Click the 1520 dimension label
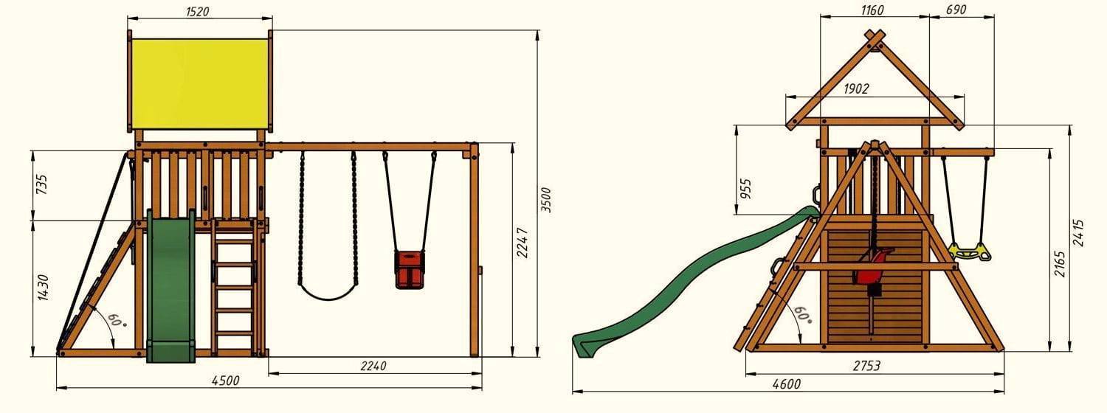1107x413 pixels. pyautogui.click(x=197, y=11)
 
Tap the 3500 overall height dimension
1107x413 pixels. pyautogui.click(x=545, y=200)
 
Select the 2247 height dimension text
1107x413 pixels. pyautogui.click(x=522, y=243)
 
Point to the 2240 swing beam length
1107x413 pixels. pyautogui.click(x=373, y=366)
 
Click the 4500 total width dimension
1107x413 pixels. pyautogui.click(x=225, y=381)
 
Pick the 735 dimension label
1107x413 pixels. pyautogui.click(x=42, y=184)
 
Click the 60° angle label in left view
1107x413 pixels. pyautogui.click(x=117, y=319)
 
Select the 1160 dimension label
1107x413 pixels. pyautogui.click(x=872, y=10)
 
